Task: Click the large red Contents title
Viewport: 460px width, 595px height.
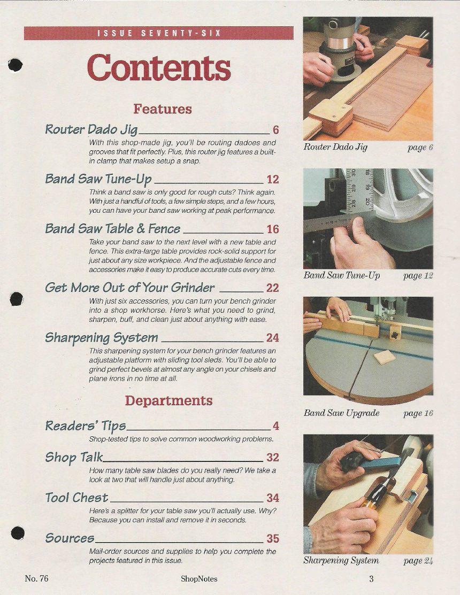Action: pyautogui.click(x=159, y=67)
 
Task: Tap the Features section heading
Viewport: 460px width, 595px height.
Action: pyautogui.click(x=163, y=109)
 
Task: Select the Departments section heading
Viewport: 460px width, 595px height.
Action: pyautogui.click(x=168, y=401)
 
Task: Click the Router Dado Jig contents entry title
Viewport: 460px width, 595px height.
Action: pyautogui.click(x=91, y=129)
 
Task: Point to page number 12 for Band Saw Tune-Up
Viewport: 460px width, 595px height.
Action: pyautogui.click(x=272, y=179)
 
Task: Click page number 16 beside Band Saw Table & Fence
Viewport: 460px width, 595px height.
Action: pyautogui.click(x=272, y=229)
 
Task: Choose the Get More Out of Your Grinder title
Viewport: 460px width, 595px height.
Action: pyautogui.click(x=129, y=288)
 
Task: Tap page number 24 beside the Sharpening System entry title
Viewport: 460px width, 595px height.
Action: pyautogui.click(x=272, y=338)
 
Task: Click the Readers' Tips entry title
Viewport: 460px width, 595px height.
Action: pyautogui.click(x=86, y=426)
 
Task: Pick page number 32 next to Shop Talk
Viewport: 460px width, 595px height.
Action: pyautogui.click(x=272, y=457)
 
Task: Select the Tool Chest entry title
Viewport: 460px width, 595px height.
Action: pyautogui.click(x=76, y=498)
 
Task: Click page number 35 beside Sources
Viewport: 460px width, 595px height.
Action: pyautogui.click(x=272, y=538)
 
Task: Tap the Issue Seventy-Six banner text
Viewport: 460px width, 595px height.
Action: pyautogui.click(x=159, y=33)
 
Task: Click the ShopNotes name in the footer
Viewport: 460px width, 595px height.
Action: pyautogui.click(x=199, y=579)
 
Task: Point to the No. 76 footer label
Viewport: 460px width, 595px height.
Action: pyautogui.click(x=36, y=578)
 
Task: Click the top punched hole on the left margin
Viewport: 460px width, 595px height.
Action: pyautogui.click(x=15, y=65)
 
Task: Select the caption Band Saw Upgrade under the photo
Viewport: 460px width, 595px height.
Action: pyautogui.click(x=342, y=413)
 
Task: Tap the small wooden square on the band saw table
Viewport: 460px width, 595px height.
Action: pyautogui.click(x=385, y=357)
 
